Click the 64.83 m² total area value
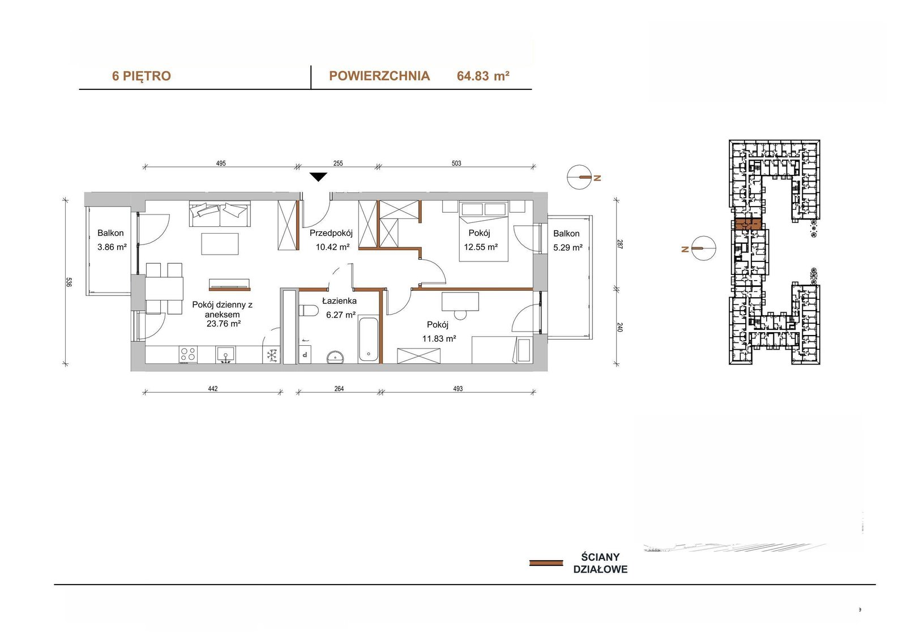point(483,76)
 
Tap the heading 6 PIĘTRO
point(142,76)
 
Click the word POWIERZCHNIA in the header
point(379,76)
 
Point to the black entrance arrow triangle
point(319,177)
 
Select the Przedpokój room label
point(331,233)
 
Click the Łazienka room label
point(339,301)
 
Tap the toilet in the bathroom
point(309,312)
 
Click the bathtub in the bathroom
point(368,341)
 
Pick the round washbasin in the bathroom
point(335,357)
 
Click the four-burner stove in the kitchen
point(188,355)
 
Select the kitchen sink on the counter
point(225,355)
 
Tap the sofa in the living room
point(220,214)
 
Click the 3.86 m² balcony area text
point(112,247)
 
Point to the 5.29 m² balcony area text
point(568,247)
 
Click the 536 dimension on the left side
point(69,282)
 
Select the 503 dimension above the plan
point(456,164)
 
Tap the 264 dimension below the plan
point(339,389)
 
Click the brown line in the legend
point(546,563)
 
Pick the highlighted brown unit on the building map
point(747,225)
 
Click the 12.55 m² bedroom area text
point(481,247)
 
